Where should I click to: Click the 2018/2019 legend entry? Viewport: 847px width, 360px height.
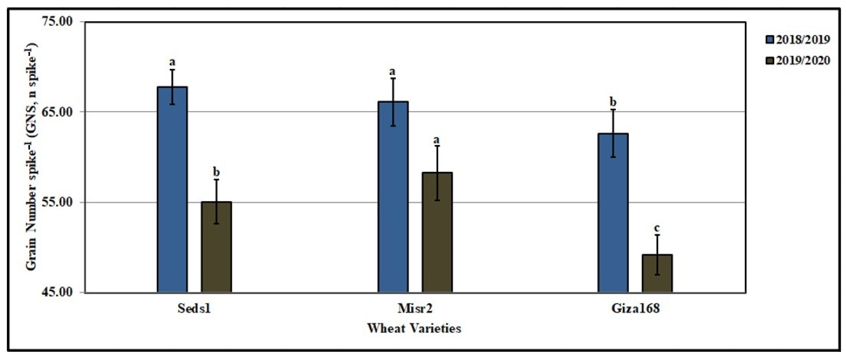click(796, 49)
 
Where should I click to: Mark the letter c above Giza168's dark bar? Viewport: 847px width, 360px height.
click(657, 228)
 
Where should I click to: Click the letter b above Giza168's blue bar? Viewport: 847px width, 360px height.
click(613, 102)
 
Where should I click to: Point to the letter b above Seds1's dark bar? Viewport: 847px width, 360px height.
click(216, 172)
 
